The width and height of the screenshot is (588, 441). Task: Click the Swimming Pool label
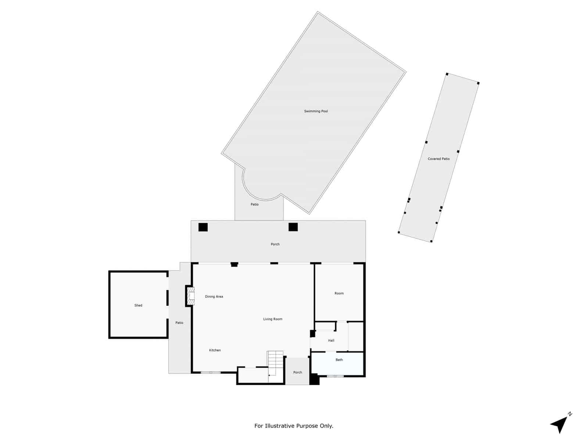[316, 111]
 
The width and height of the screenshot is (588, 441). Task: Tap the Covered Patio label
[438, 159]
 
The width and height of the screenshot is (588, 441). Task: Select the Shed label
[138, 305]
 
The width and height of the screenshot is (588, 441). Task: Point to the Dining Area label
[214, 297]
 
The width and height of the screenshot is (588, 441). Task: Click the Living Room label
[273, 319]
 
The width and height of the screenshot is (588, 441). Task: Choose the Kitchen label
[215, 350]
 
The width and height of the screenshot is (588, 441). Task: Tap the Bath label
[339, 360]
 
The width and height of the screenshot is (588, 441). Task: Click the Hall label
[331, 340]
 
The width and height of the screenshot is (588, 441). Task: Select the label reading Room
[339, 293]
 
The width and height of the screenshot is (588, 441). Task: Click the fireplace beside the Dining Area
[190, 295]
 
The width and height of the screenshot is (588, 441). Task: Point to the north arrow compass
[561, 423]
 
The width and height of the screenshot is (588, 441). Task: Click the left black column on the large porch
[203, 227]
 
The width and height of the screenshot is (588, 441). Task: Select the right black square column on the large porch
[293, 227]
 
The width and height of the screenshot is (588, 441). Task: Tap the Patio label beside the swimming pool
[254, 204]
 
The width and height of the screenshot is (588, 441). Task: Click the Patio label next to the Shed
[179, 323]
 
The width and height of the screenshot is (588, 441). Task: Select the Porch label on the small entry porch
[298, 372]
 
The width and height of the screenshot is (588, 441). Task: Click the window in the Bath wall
[335, 376]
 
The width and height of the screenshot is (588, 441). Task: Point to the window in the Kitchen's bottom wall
[211, 372]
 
